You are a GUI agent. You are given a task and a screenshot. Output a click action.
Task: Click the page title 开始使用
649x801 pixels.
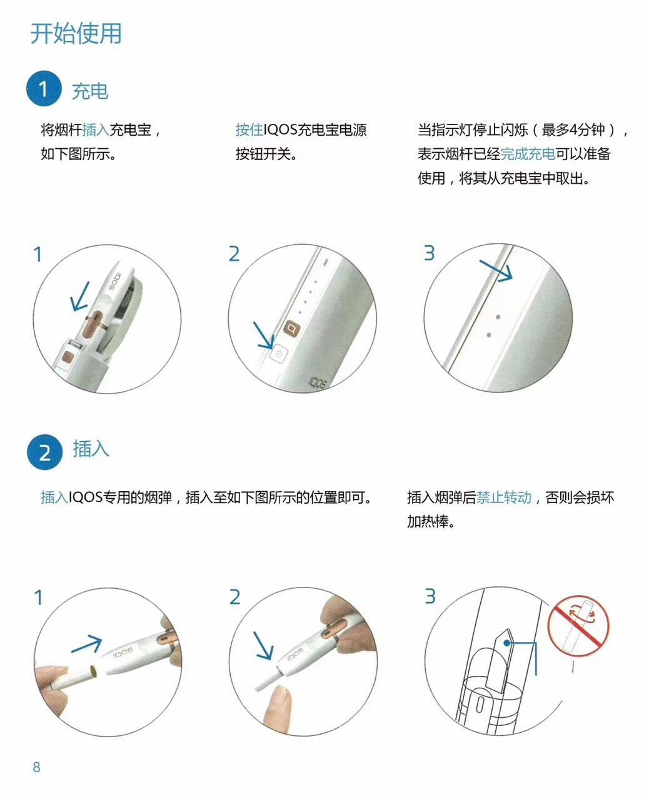pos(76,33)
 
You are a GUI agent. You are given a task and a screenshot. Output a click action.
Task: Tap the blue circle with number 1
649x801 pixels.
pos(44,89)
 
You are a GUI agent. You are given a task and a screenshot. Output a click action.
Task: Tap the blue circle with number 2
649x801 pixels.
pos(44,451)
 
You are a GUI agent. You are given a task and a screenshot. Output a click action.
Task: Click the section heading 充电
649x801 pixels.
pos(90,91)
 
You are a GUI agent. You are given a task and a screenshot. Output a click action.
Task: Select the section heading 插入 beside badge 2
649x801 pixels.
pos(91,449)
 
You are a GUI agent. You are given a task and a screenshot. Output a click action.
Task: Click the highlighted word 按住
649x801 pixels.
pos(249,130)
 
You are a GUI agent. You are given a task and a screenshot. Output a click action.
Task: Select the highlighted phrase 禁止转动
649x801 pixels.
pos(503,497)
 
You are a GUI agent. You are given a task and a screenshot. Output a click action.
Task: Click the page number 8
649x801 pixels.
pos(36,767)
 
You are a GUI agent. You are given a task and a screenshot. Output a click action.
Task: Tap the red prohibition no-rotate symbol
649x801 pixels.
pos(579,626)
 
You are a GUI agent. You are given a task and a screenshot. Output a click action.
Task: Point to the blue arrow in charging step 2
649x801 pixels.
pos(263,335)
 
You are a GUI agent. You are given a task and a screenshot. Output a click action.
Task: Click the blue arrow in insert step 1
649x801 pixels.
pos(86,645)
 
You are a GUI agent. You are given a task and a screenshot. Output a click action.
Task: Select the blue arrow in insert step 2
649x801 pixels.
pos(263,646)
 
